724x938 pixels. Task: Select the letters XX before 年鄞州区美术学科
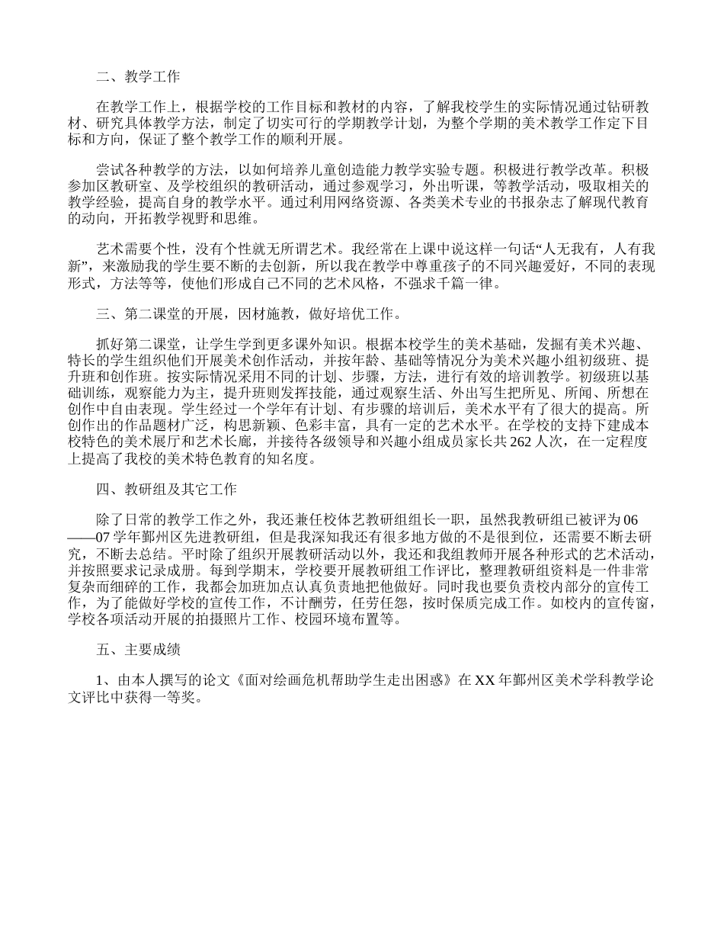(485, 680)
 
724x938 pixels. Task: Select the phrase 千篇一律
(473, 283)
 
